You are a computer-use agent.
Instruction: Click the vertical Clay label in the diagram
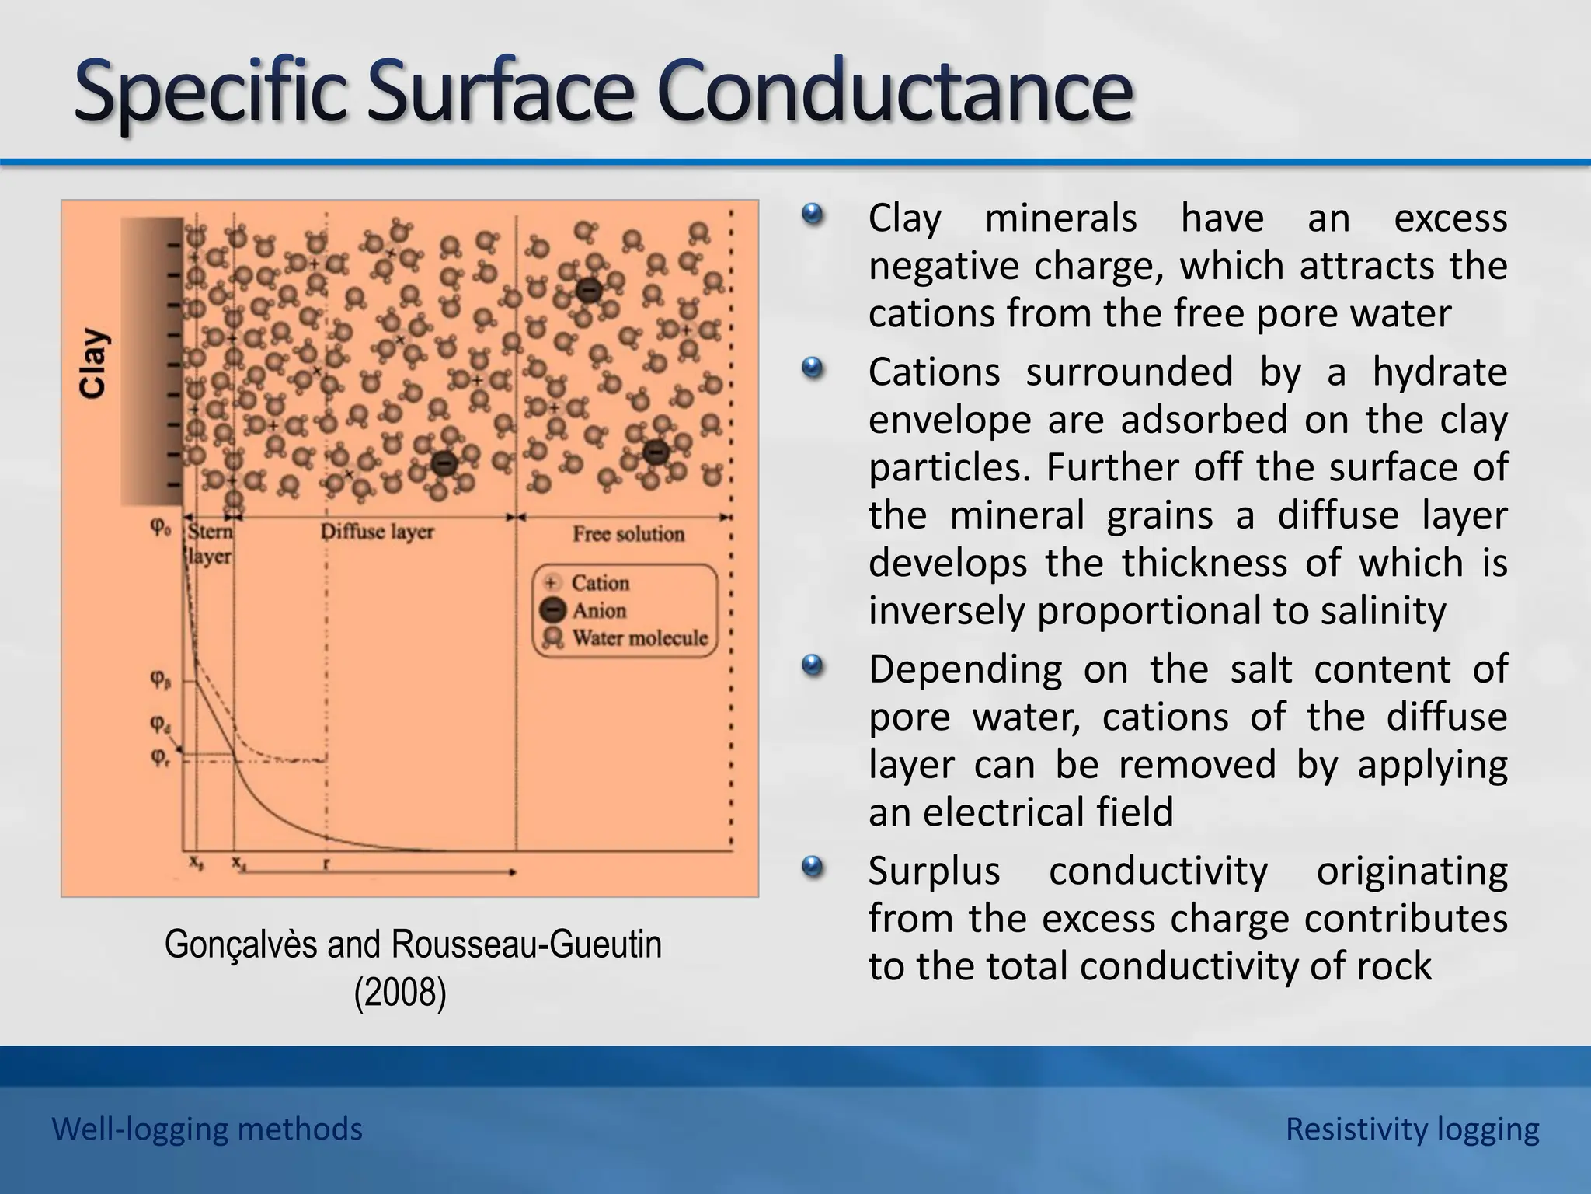click(x=93, y=363)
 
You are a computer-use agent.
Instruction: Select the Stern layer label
click(x=210, y=544)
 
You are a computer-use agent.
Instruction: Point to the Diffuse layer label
click(x=378, y=532)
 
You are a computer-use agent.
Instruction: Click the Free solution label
click(x=628, y=534)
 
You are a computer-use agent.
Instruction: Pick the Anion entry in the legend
click(x=599, y=611)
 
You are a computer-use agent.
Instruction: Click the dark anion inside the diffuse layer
click(x=443, y=464)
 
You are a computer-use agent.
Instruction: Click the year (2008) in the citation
click(x=400, y=993)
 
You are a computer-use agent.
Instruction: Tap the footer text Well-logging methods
click(x=207, y=1129)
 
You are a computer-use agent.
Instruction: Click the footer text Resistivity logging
click(x=1412, y=1129)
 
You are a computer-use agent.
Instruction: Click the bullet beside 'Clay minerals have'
click(x=813, y=215)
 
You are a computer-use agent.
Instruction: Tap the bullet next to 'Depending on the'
click(x=813, y=665)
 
